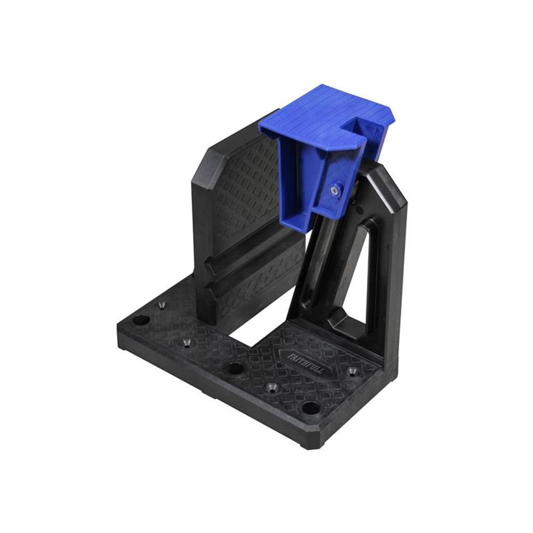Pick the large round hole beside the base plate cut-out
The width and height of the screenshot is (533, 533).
point(233,368)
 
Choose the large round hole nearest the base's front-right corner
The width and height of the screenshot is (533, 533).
point(310,409)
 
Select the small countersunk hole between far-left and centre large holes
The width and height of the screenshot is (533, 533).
point(187,342)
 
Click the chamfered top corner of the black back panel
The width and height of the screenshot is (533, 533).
point(205,160)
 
